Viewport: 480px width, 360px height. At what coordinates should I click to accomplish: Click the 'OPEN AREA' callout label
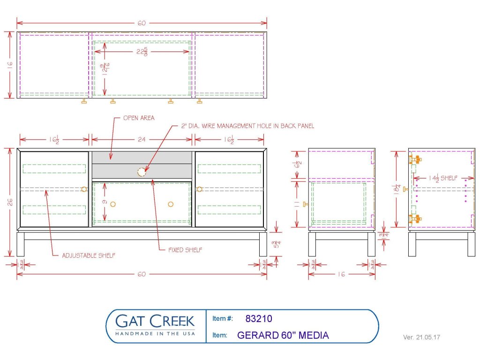coord(138,118)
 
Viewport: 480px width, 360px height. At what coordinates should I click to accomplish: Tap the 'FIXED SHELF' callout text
coord(185,250)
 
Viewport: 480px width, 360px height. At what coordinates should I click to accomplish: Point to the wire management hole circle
coord(141,172)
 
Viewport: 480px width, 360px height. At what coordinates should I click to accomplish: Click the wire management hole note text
coord(247,126)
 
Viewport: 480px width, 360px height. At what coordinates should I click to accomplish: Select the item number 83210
coord(258,319)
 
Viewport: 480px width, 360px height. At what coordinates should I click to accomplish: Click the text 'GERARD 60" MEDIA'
coord(283,335)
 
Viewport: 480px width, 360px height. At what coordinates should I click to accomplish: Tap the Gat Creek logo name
coord(155,321)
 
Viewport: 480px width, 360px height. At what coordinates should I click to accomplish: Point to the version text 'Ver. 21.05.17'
coord(422,337)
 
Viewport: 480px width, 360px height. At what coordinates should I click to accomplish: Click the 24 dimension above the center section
coord(142,139)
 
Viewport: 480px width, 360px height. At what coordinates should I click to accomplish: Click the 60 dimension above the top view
coord(142,22)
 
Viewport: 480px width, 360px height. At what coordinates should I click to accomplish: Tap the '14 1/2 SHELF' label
coord(443,178)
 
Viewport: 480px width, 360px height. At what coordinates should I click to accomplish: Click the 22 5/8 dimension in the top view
coord(142,52)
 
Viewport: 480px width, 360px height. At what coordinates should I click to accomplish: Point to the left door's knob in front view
coord(84,189)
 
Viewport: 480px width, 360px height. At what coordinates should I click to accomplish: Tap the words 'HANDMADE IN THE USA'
coord(155,334)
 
